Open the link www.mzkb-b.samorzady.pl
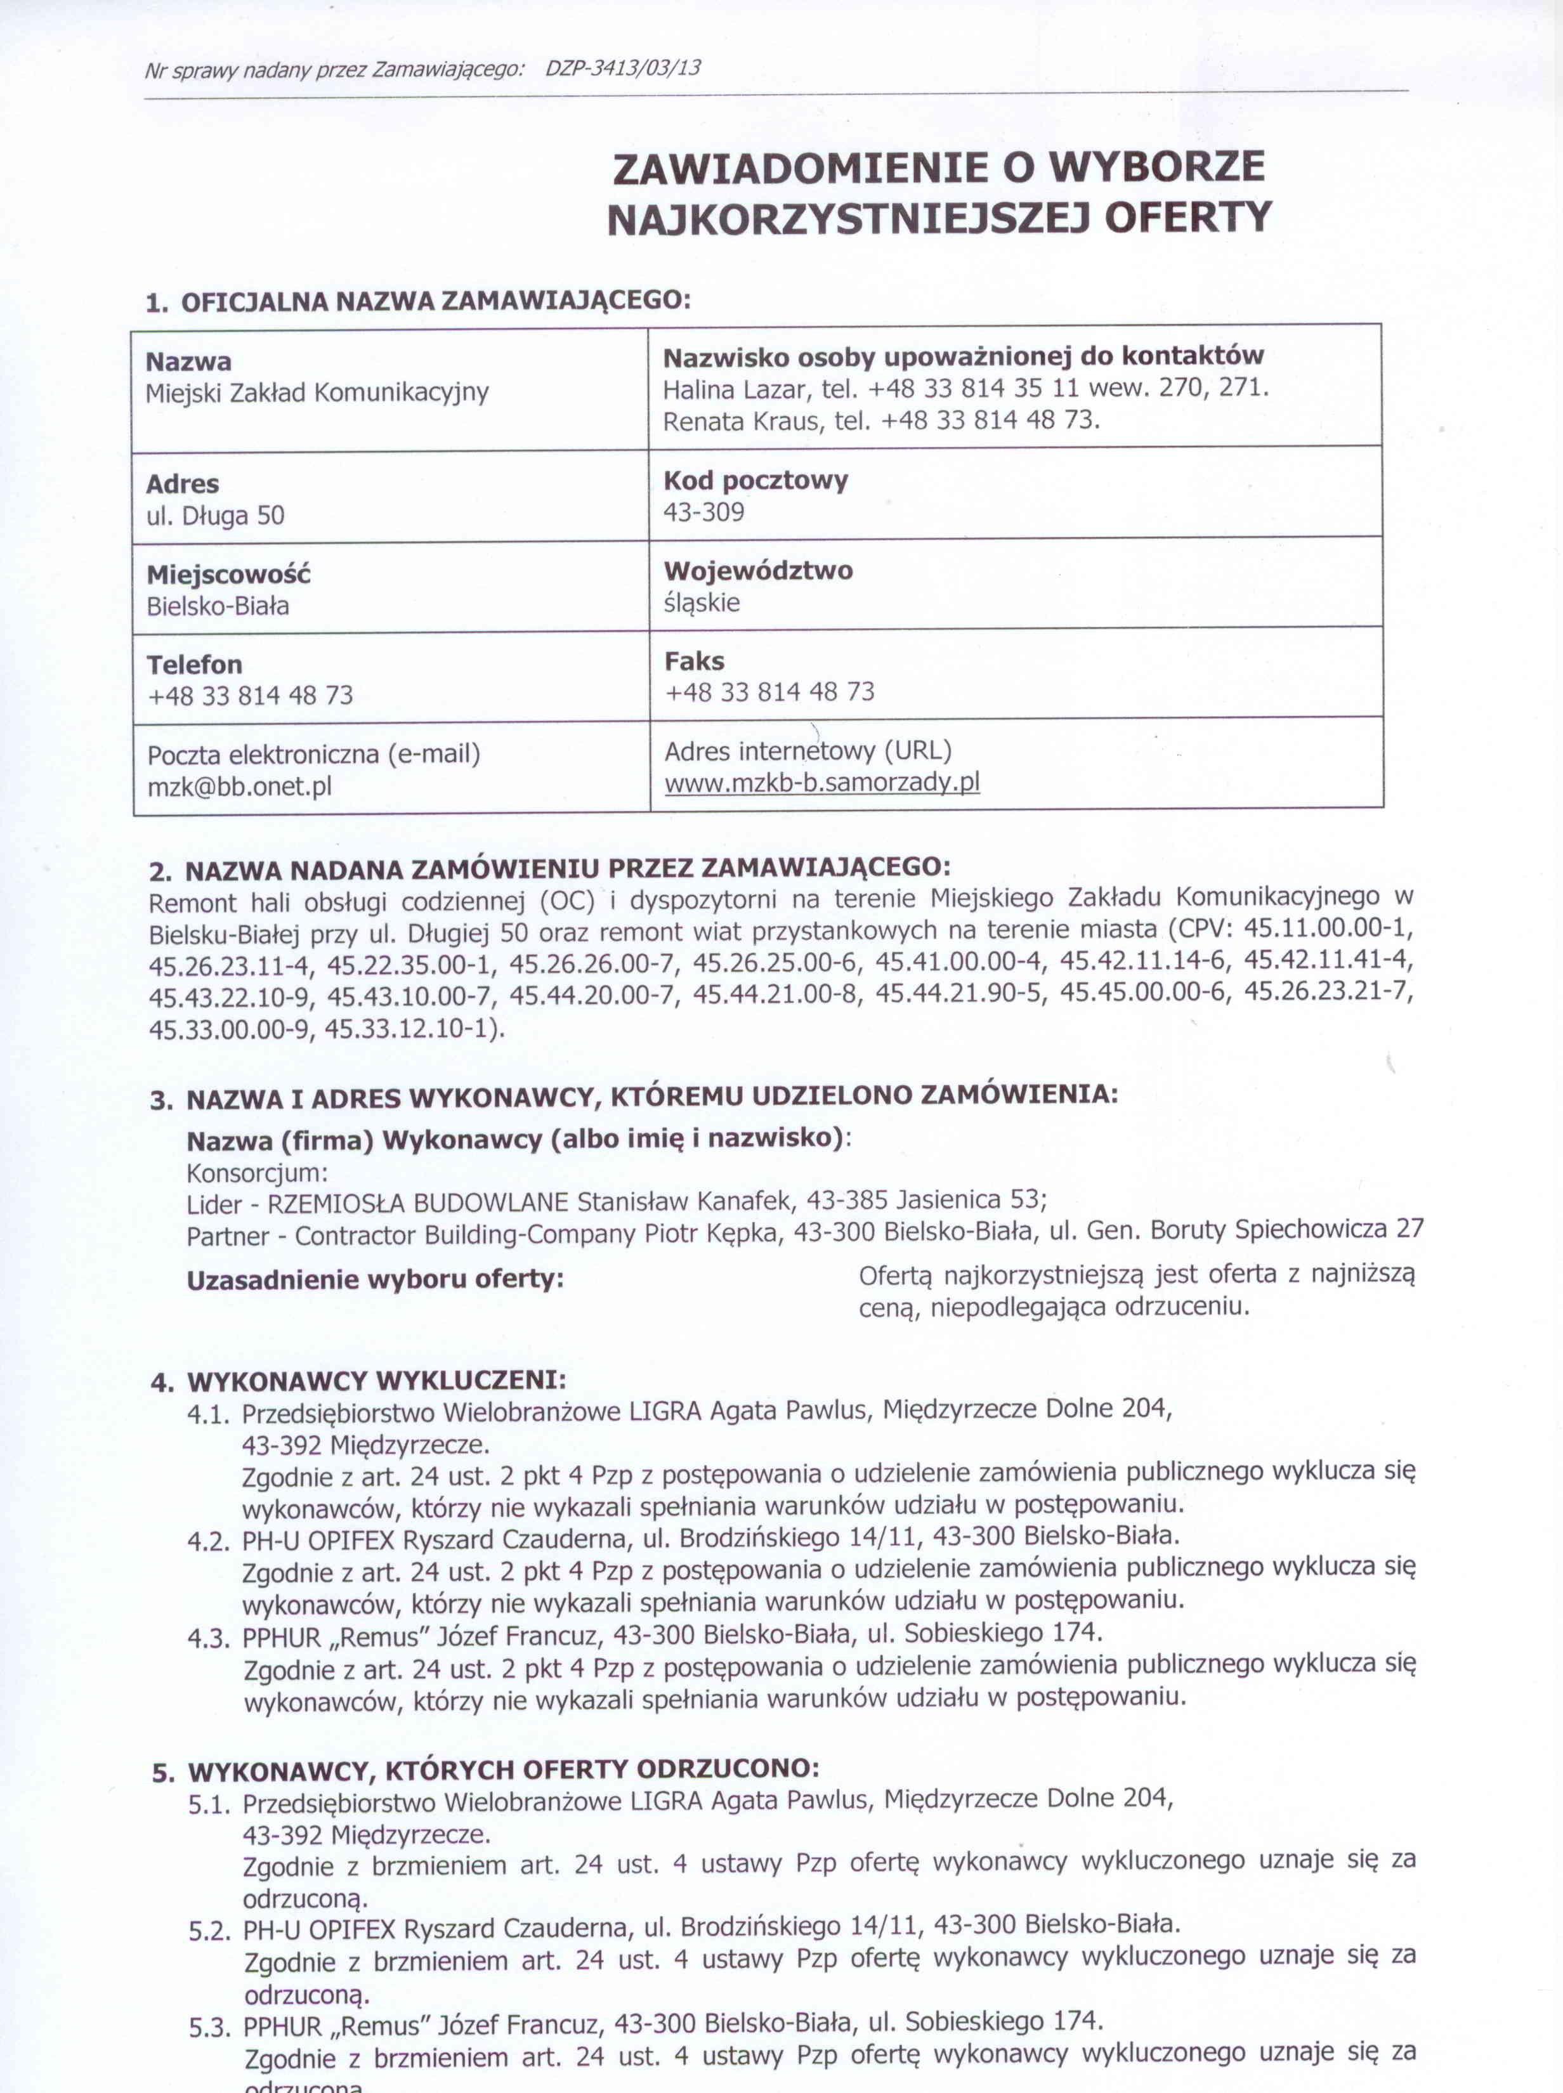coord(821,783)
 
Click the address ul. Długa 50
coord(215,516)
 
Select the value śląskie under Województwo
coord(701,603)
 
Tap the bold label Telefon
coord(194,665)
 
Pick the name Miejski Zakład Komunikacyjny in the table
coord(317,393)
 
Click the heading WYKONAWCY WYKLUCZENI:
coord(377,1381)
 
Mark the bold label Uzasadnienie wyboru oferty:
coord(375,1280)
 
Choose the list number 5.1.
coord(209,1804)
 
